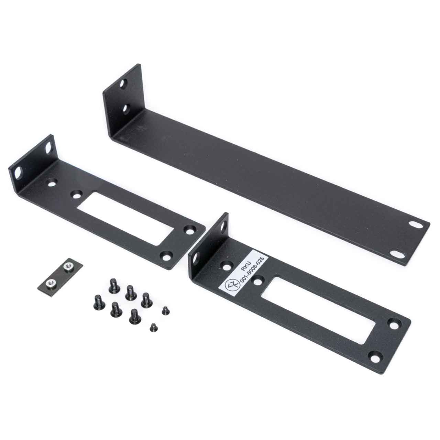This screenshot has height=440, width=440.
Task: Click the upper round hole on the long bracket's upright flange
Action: (x=125, y=82)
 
